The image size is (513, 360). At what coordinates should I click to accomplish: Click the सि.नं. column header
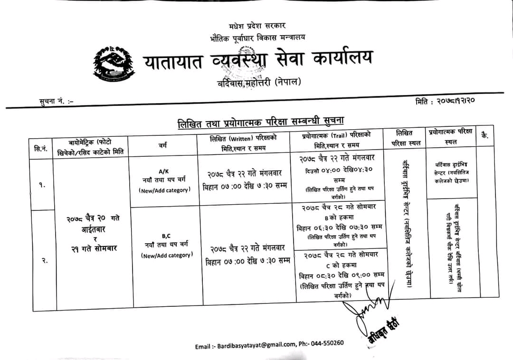[x=41, y=148]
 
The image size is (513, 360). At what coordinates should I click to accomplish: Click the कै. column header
[x=484, y=136]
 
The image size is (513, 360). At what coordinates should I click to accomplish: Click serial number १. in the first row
[x=43, y=186]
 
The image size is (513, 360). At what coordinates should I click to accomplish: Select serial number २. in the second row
[x=44, y=260]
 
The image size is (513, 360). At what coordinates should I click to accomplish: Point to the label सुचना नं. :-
[x=56, y=101]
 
